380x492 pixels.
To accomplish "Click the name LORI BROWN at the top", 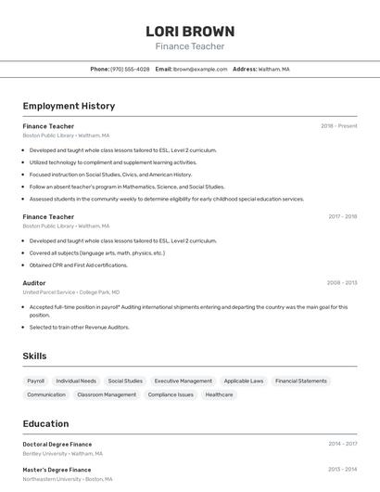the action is click(x=190, y=31).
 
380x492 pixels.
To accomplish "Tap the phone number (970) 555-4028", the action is click(x=130, y=69).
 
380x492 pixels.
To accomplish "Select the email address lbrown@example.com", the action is click(x=199, y=69).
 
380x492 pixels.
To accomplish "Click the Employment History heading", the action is click(x=69, y=106).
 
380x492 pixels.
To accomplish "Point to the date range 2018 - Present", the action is click(x=338, y=126).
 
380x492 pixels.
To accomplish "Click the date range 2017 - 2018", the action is click(x=342, y=217).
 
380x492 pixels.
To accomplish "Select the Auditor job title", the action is click(x=34, y=282).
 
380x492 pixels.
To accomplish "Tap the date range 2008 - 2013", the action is click(x=342, y=282).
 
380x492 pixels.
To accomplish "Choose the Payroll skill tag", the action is click(x=36, y=381).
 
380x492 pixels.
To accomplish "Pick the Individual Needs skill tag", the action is click(x=76, y=381).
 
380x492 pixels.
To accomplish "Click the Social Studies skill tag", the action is click(x=125, y=381).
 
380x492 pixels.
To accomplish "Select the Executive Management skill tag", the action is click(x=183, y=381).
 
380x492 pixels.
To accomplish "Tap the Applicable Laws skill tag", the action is click(x=244, y=381).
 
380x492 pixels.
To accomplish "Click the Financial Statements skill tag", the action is click(x=301, y=381).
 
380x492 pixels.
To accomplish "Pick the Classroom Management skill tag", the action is click(x=107, y=395).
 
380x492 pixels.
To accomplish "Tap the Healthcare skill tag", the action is click(x=219, y=395).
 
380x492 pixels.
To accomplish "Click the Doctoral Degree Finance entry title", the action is click(x=57, y=444).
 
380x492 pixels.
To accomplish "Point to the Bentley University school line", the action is click(x=63, y=454).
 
